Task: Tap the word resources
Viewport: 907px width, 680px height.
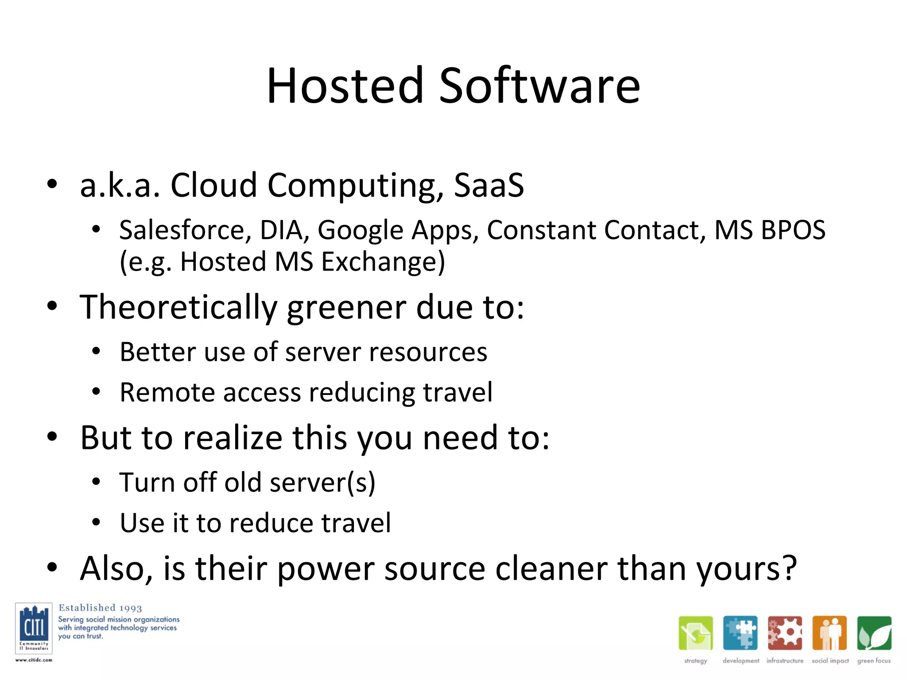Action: pos(428,352)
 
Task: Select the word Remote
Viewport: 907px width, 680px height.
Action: pos(167,393)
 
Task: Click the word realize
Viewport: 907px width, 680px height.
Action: pos(233,438)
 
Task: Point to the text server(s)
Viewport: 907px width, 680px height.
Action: pos(322,482)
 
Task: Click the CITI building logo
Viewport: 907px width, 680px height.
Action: pos(34,628)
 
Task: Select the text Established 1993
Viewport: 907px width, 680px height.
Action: pos(100,608)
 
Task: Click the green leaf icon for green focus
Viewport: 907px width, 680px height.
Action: pos(874,633)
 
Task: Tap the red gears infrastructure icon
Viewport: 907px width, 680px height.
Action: pos(785,633)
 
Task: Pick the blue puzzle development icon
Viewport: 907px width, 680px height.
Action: pos(740,633)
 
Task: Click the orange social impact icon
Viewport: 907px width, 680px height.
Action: pos(829,633)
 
